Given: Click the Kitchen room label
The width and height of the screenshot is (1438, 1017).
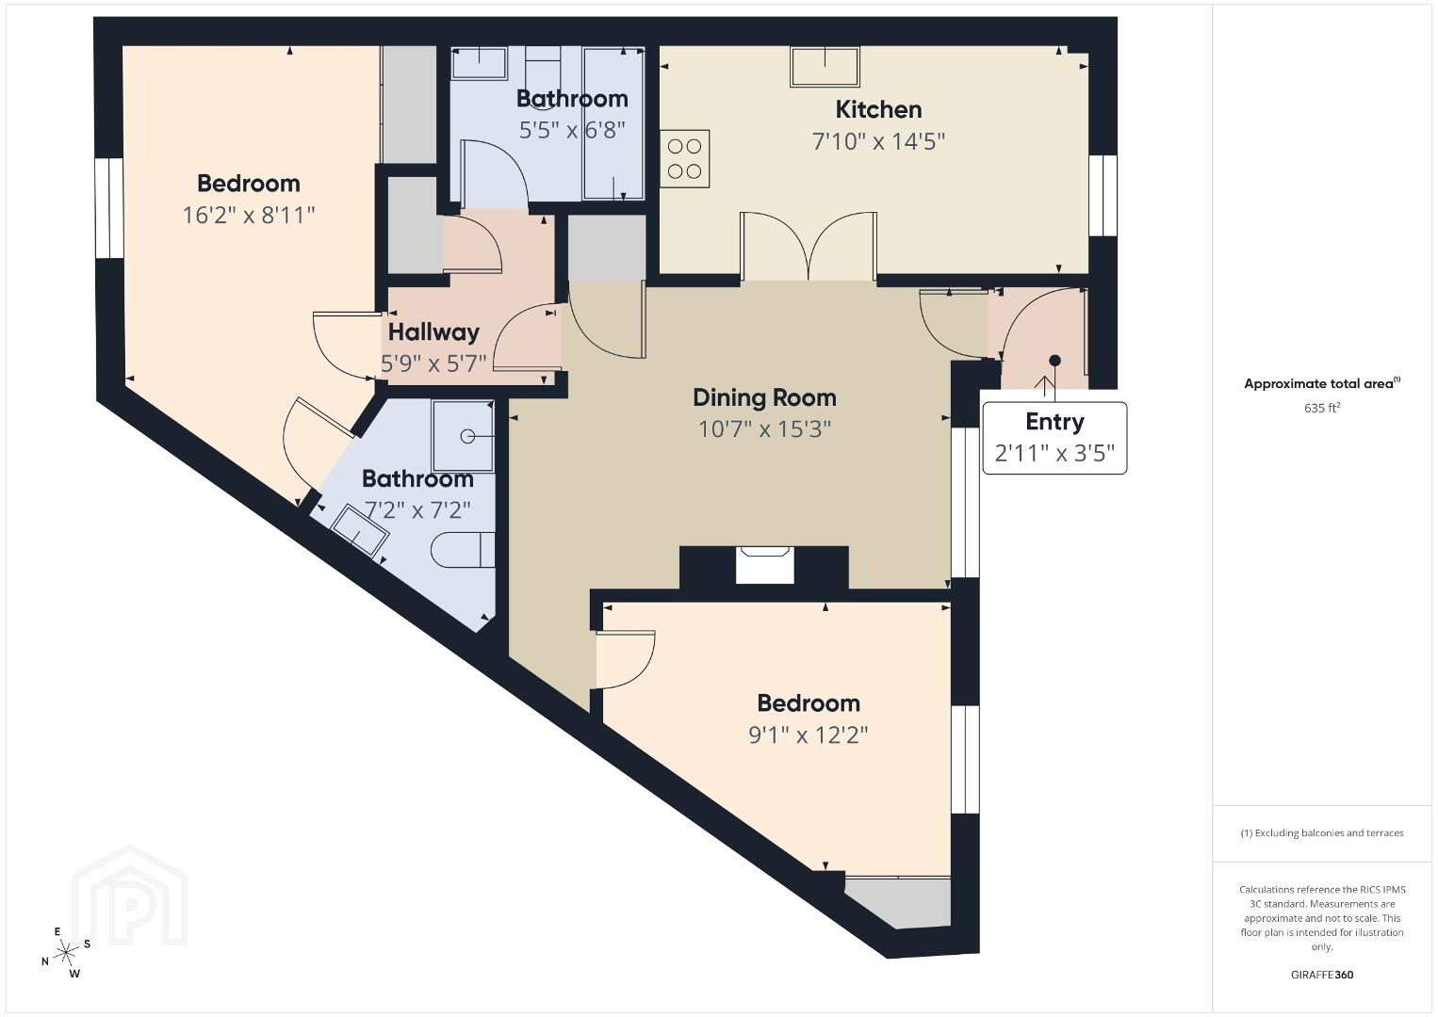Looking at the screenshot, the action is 878,110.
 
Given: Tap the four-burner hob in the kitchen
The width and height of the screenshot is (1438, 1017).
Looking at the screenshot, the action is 685,158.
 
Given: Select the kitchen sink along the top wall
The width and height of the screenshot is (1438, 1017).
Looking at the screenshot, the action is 825,67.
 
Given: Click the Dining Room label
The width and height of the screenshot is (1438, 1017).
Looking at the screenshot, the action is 764,397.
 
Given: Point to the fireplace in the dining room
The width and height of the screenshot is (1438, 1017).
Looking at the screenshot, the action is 764,566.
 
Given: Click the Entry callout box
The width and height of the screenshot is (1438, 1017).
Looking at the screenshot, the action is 1054,438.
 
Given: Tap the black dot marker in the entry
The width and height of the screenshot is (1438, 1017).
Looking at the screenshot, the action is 1054,361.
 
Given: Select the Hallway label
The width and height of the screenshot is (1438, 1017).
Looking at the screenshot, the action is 434,332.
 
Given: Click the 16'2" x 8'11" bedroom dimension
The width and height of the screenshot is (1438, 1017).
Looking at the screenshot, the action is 249,215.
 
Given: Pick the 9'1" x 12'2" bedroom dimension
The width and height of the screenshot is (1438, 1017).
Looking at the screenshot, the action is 809,734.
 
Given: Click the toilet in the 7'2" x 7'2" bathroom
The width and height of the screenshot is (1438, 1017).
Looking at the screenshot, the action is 463,550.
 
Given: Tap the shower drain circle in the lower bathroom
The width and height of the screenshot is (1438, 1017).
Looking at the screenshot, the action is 467,436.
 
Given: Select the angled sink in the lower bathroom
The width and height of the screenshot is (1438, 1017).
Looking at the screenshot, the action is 360,530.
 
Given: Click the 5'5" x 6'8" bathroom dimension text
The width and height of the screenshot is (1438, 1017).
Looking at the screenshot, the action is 572,130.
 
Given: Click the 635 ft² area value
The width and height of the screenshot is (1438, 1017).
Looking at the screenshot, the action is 1322,408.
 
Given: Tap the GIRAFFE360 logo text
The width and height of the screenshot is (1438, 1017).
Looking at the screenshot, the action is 1322,975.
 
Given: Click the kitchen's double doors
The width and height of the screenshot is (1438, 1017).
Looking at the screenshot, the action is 809,247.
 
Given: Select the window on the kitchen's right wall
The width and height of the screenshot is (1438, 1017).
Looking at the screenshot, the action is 1103,195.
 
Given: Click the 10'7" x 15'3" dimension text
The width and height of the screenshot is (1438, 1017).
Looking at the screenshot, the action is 764,428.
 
